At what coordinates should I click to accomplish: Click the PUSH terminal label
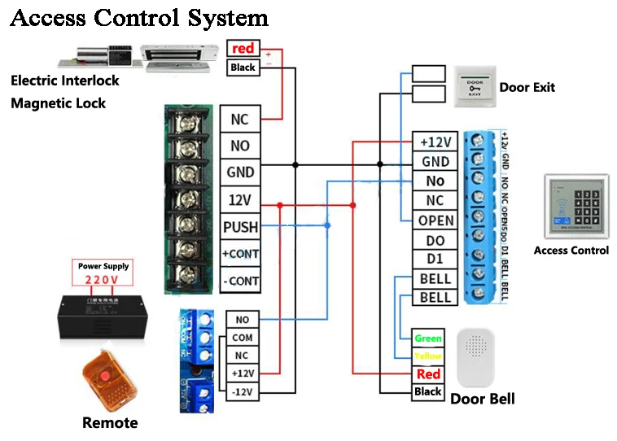click(240, 226)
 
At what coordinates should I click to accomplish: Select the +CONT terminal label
click(240, 254)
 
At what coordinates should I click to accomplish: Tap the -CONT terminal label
click(240, 281)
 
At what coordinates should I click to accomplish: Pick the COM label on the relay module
click(242, 338)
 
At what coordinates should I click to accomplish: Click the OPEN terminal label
click(435, 220)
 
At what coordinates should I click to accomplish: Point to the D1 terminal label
click(435, 260)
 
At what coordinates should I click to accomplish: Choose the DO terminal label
click(435, 240)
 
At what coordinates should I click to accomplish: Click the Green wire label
click(428, 338)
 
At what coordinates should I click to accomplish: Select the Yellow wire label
click(428, 356)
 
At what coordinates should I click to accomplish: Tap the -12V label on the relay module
click(242, 392)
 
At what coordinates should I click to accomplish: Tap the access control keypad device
click(576, 207)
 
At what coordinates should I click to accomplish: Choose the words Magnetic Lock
click(58, 103)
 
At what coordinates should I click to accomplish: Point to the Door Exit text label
click(527, 87)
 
